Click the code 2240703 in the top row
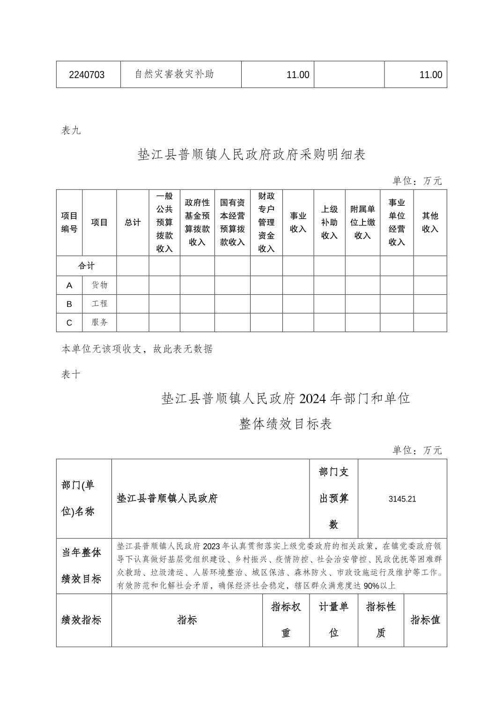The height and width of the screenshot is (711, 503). (87, 75)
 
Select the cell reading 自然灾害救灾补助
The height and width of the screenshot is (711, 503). (174, 74)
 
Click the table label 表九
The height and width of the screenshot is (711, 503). (71, 131)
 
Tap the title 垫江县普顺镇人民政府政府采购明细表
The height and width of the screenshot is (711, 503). (251, 155)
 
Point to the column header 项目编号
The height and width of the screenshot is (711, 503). (69, 222)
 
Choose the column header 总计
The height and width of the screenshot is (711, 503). (133, 223)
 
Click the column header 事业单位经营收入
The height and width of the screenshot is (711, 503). (397, 222)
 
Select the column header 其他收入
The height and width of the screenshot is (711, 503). (430, 222)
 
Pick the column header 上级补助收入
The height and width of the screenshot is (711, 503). (329, 222)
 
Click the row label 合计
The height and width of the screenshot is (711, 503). (86, 266)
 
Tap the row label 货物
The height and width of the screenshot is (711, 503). (99, 285)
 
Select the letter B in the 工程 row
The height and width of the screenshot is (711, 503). (69, 304)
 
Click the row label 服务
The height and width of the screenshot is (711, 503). (99, 322)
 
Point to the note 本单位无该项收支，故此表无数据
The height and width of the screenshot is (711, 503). (137, 349)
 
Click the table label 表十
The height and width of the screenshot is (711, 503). (71, 375)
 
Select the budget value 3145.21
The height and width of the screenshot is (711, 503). (402, 499)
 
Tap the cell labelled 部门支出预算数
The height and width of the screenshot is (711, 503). (334, 498)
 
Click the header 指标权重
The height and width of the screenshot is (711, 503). (286, 620)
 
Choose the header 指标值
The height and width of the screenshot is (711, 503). (425, 620)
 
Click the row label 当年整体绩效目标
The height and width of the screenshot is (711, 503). (81, 566)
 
